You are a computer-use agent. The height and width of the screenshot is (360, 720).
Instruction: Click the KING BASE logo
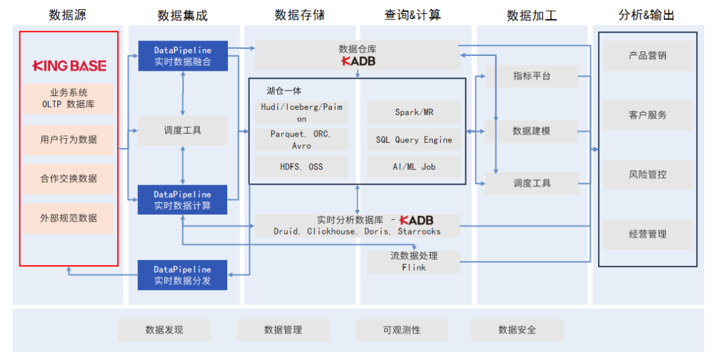tap(69, 65)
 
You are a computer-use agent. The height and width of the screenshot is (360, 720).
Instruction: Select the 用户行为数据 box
tap(68, 139)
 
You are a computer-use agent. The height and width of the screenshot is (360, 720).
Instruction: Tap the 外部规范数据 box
tap(68, 218)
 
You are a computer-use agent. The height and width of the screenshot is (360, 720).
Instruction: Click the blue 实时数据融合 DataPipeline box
tap(183, 56)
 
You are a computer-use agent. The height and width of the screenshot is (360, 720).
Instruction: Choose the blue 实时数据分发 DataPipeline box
tap(183, 275)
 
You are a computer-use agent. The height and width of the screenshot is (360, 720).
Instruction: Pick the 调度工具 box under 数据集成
tap(183, 131)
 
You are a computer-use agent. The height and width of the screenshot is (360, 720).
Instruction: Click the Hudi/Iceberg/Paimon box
tap(301, 112)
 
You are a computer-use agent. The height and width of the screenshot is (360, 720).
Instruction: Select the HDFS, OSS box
tap(301, 166)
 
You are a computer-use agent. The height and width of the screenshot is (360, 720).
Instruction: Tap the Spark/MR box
tap(414, 112)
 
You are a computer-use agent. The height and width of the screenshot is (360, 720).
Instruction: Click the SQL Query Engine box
tap(414, 140)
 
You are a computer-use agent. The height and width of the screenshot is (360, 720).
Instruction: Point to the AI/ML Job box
tap(414, 167)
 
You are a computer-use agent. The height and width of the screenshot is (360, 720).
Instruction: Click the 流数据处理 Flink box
tap(414, 261)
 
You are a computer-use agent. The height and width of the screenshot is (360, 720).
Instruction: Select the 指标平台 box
tap(532, 76)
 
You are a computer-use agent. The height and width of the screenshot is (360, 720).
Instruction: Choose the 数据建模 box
tap(532, 131)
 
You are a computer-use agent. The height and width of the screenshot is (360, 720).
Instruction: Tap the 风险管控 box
tap(647, 175)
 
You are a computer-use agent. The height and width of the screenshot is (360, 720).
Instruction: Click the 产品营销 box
tap(647, 56)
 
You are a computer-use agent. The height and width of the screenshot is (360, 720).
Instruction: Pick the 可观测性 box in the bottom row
tap(401, 330)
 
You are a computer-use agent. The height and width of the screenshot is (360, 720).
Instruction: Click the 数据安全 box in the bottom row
tap(517, 330)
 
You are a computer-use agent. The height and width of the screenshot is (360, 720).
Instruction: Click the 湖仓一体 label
tap(284, 91)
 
